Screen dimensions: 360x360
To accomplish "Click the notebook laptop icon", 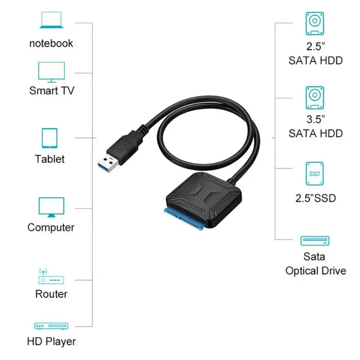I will click(51, 21).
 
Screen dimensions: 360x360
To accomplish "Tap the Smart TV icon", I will click(51, 72).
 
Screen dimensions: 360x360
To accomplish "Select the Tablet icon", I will click(50, 138).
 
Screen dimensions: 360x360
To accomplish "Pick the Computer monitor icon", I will click(51, 207).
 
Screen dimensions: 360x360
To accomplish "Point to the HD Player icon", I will click(51, 325).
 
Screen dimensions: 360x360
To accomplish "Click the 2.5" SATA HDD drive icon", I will click(315, 24).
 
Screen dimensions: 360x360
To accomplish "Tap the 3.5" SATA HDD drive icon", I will click(315, 98).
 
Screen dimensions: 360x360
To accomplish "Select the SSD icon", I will click(315, 173).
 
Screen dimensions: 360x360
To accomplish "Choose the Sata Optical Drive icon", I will click(315, 240).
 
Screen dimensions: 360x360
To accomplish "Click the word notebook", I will click(51, 43).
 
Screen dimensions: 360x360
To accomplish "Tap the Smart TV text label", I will click(51, 90).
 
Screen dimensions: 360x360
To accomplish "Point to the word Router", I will click(51, 294).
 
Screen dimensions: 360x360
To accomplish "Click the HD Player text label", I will click(52, 341).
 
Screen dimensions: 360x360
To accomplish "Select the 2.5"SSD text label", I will click(315, 198).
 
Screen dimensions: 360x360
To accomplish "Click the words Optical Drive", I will click(315, 270).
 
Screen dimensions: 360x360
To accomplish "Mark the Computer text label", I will click(51, 227).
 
